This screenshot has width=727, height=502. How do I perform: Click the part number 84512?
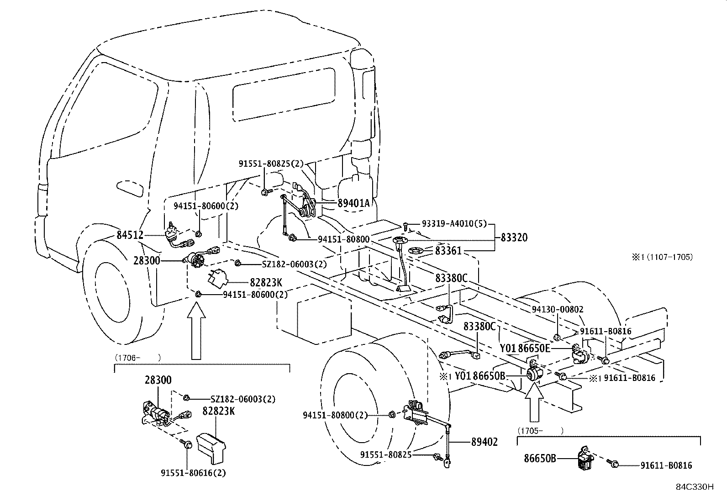tap(130, 236)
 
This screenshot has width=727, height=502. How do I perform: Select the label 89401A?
tap(353, 204)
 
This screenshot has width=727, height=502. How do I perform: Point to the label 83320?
tap(514, 238)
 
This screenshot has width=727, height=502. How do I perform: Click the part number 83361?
tap(448, 251)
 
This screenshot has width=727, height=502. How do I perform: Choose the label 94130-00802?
tap(557, 309)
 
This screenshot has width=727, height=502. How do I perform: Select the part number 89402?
tap(485, 442)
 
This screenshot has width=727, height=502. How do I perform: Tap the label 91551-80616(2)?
tap(193, 473)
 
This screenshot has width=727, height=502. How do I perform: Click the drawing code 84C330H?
tap(695, 487)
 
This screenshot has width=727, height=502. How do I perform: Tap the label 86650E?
tap(534, 349)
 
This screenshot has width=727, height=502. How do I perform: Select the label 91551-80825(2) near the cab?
tap(271, 164)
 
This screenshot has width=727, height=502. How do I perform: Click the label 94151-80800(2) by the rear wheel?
tap(335, 415)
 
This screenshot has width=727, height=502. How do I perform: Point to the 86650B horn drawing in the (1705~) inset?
tap(585, 457)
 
